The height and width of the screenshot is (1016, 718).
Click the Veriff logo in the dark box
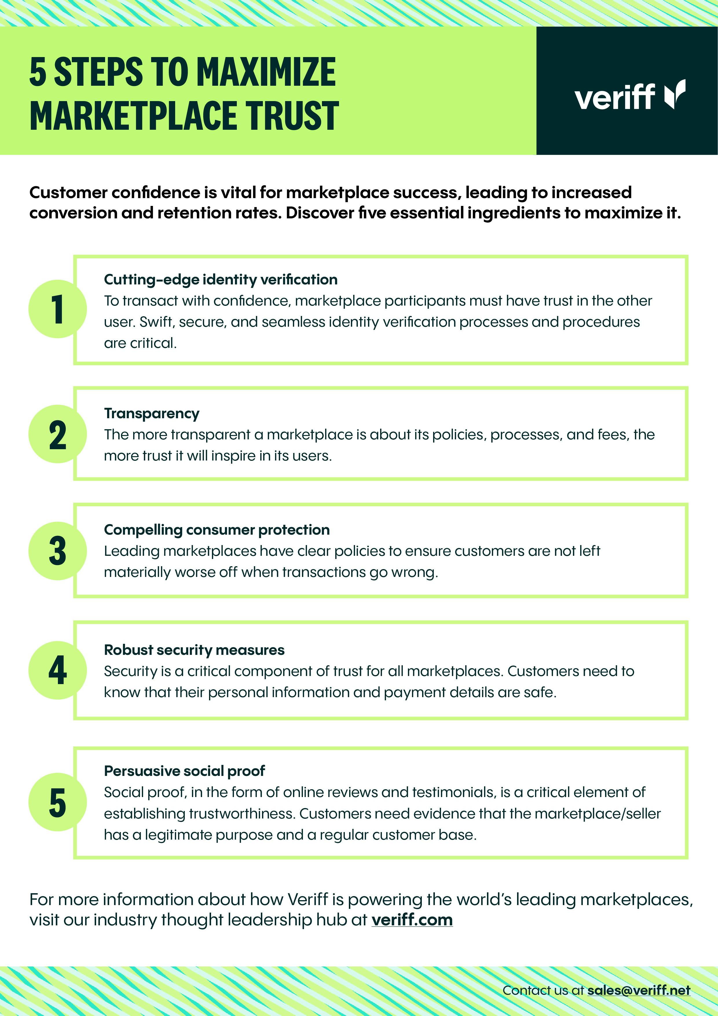coord(630,95)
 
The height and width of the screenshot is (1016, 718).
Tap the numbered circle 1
coord(58,309)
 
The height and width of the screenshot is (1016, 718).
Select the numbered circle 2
coord(58,434)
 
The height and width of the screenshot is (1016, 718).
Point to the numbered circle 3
coord(58,551)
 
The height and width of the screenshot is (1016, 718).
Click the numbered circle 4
coord(58,670)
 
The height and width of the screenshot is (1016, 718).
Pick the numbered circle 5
coord(58,802)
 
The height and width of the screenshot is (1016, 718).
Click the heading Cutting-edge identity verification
coord(221,280)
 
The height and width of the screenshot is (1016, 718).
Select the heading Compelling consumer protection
coord(217,530)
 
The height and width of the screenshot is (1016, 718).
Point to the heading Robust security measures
coord(194,650)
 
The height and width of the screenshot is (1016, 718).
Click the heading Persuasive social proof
coord(184,771)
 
